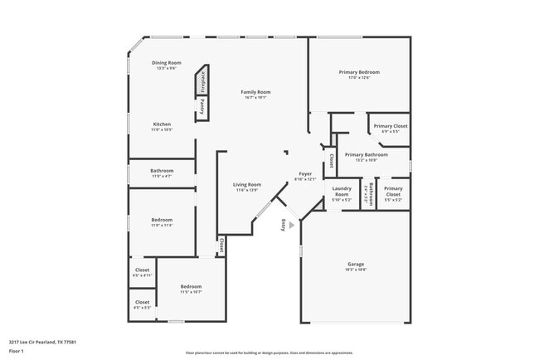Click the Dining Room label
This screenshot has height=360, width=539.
click(166, 63)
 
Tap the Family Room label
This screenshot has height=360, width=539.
click(255, 92)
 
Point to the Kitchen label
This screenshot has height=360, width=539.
click(161, 124)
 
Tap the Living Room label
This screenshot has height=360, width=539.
click(246, 184)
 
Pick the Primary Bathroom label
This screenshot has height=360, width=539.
click(366, 155)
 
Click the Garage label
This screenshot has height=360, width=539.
click(356, 265)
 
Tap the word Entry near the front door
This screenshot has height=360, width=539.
click(284, 223)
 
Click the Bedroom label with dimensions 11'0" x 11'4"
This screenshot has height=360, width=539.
click(161, 220)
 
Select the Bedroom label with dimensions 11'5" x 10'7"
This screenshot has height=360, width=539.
click(191, 287)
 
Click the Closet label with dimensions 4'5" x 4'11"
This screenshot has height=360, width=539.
click(143, 270)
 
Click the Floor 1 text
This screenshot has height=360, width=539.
click(17, 351)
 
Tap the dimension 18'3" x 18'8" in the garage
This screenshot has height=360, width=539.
click(356, 270)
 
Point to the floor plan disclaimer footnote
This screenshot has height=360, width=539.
click(269, 352)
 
